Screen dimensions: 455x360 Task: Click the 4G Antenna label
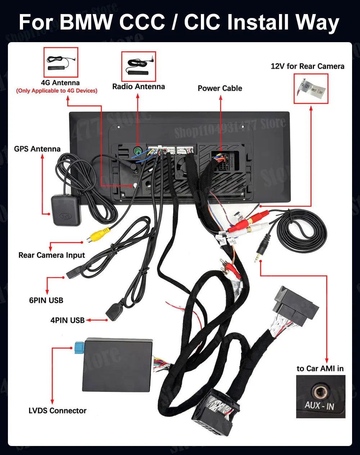60,83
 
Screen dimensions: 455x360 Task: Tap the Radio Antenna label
138,86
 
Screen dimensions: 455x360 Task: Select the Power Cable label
220,88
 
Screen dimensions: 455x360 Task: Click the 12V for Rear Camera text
307,66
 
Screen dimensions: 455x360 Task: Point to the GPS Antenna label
37,149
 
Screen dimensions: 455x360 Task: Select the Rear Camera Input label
51,255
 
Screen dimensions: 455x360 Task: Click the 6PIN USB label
46,300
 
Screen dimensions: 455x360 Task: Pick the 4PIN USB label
67,320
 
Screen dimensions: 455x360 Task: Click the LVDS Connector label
57,410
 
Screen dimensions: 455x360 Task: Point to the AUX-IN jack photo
320,396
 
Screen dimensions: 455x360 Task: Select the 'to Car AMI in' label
320,368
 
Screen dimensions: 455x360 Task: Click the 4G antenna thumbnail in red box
60,62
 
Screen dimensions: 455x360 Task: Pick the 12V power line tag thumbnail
311,89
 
